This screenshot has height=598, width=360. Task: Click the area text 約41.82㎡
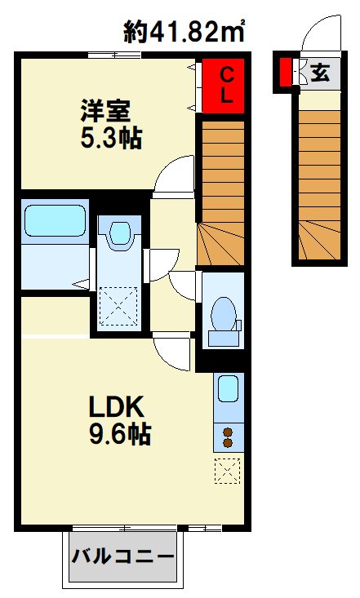[184, 31]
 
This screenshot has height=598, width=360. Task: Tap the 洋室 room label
[105, 111]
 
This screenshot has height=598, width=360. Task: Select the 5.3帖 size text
[111, 137]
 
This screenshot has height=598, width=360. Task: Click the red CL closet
[223, 86]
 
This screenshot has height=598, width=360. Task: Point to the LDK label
[117, 406]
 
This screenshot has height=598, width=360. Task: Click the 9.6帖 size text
[120, 434]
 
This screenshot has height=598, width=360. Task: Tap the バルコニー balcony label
[123, 557]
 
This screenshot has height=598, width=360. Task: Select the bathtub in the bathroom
[55, 221]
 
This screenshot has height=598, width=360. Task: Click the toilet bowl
[224, 314]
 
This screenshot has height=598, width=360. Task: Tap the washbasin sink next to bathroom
[120, 233]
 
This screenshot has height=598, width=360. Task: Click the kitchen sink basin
[229, 388]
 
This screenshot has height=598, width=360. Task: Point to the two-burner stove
[229, 437]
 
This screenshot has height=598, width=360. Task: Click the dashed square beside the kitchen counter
[228, 471]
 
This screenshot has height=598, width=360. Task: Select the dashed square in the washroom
[118, 306]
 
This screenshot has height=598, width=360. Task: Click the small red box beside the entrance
[285, 72]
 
